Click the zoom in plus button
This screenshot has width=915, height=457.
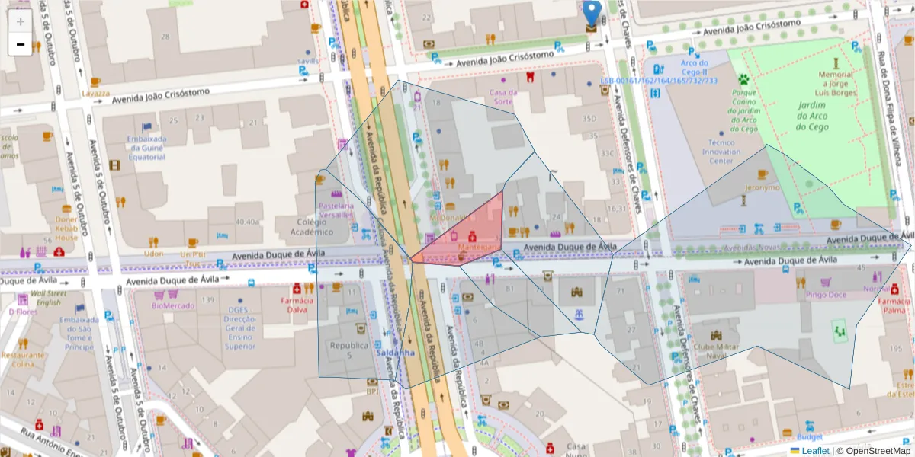coord(21,21)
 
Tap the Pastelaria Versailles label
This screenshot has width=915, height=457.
coord(336,210)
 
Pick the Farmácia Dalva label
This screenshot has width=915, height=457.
coord(297,305)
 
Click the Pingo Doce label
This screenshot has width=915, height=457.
coord(826,294)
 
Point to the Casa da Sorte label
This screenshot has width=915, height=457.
coord(502,97)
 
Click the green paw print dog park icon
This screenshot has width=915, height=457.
coord(743,78)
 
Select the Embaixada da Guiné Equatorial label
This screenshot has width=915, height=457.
coord(146,148)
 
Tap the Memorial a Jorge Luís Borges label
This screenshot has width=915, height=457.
coord(836,84)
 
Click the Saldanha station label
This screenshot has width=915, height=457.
coord(394,353)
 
